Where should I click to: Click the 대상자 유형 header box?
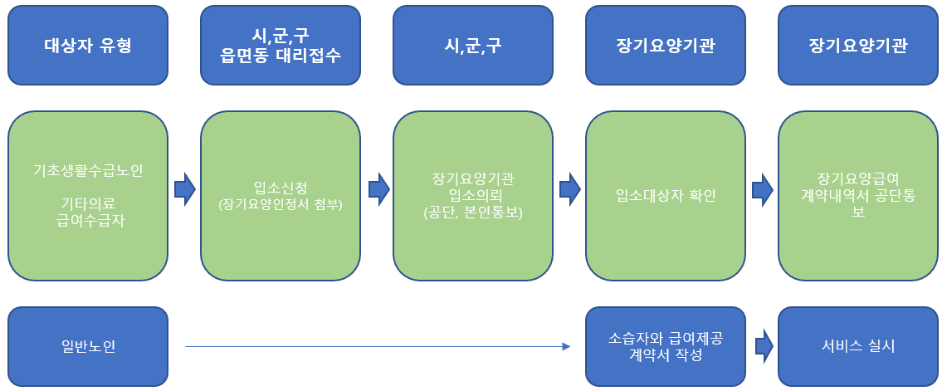coord(88,45)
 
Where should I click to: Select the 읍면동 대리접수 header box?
coord(281,45)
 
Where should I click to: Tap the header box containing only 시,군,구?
coord(473,45)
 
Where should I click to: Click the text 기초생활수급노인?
coord(88,170)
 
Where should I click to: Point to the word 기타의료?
coord(88,203)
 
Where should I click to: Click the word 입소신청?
coord(281,187)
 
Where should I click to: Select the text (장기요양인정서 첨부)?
coord(281,203)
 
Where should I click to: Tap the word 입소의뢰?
coord(473,194)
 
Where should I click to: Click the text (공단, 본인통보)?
coord(473,211)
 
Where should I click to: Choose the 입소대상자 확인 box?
coord(666,196)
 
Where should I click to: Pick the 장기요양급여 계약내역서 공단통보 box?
coord(858,196)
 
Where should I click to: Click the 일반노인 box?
coord(88,346)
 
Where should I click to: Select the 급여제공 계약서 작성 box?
coord(666,346)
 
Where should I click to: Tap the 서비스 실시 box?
coord(858,346)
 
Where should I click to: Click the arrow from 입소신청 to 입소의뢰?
coord(378,188)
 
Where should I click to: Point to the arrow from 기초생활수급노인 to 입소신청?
coord(184,188)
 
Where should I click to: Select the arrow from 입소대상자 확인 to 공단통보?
coord(762,188)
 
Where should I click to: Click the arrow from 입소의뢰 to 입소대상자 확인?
coord(569,188)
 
